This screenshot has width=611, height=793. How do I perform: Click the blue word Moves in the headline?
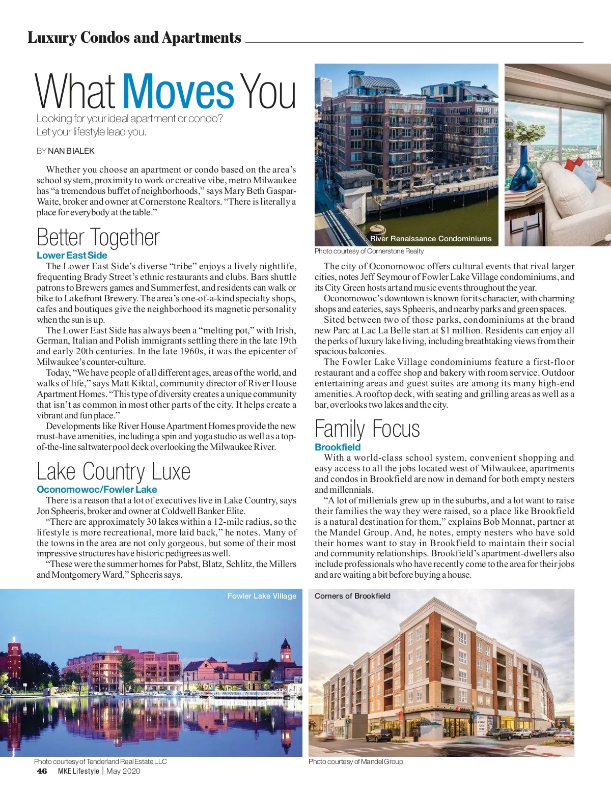pyautogui.click(x=178, y=92)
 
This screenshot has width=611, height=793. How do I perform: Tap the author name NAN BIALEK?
pyautogui.click(x=71, y=151)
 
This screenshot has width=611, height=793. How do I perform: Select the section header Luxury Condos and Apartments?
pyautogui.click(x=134, y=38)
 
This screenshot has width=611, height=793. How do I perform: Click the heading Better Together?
pyautogui.click(x=98, y=238)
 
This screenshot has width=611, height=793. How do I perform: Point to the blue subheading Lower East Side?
pyautogui.click(x=72, y=256)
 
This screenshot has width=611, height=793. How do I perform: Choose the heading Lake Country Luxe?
pyautogui.click(x=114, y=472)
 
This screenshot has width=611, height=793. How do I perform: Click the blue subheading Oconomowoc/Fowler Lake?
pyautogui.click(x=97, y=490)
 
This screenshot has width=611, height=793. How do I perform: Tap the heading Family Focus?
pyautogui.click(x=367, y=429)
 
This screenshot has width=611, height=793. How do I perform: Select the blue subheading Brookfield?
pyautogui.click(x=338, y=447)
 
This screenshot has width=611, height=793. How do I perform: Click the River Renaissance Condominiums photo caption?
pyautogui.click(x=431, y=239)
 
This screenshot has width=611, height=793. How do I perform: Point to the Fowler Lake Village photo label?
pyautogui.click(x=262, y=596)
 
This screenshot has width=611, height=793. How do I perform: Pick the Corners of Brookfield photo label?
pyautogui.click(x=352, y=596)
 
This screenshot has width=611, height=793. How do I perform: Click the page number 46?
pyautogui.click(x=42, y=771)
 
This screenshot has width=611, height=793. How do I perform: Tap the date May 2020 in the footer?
pyautogui.click(x=123, y=771)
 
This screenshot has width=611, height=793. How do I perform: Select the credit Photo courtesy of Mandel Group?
pyautogui.click(x=355, y=762)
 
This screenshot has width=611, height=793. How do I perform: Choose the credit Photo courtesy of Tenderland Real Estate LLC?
pyautogui.click(x=100, y=762)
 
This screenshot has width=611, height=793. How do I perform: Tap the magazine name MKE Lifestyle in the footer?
pyautogui.click(x=78, y=771)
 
